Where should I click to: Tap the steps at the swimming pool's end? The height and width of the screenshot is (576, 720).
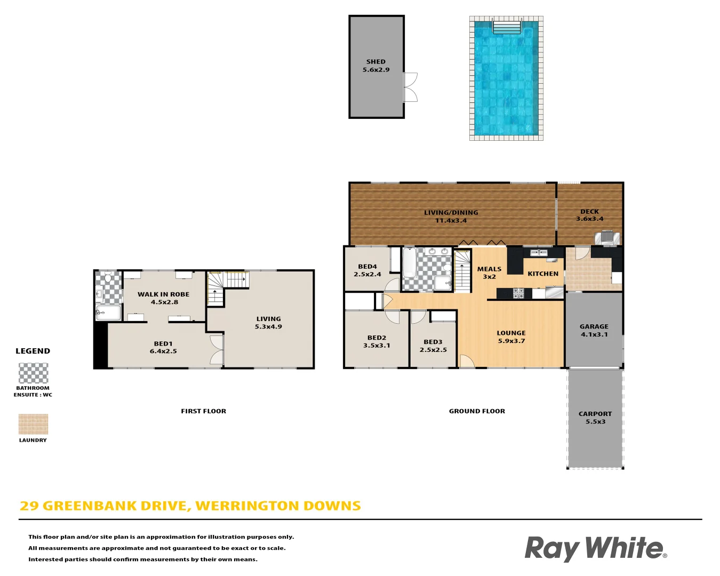(507, 27)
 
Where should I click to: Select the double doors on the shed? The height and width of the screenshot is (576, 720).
(411, 87)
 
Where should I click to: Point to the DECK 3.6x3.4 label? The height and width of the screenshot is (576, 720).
(589, 215)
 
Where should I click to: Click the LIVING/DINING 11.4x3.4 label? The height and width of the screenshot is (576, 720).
(451, 216)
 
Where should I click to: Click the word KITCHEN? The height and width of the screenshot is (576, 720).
(543, 274)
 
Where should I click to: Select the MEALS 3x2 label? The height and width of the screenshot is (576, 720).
(489, 273)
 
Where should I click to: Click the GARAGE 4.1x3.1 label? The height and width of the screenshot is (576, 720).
(594, 330)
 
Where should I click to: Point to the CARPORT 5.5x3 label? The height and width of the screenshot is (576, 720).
(595, 418)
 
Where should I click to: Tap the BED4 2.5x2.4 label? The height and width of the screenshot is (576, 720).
(367, 270)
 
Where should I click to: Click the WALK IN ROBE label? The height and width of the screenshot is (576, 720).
(163, 294)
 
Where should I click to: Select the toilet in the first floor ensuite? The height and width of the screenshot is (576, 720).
(108, 277)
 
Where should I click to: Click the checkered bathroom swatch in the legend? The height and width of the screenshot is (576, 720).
(33, 373)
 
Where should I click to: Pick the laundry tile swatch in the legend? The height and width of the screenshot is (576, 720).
(33, 424)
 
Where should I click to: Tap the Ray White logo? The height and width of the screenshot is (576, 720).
(596, 548)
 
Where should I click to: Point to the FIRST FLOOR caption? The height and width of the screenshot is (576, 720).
(203, 411)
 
